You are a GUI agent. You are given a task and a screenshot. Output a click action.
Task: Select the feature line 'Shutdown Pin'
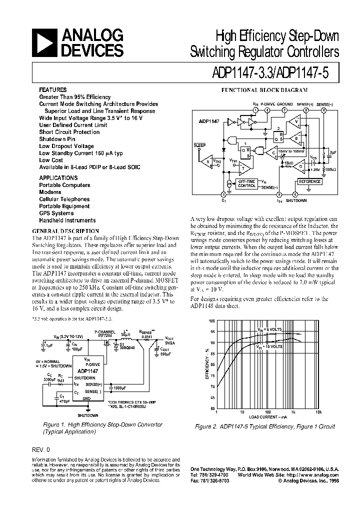click(x=57, y=139)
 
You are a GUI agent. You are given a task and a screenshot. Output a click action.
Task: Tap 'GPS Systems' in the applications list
click(x=56, y=213)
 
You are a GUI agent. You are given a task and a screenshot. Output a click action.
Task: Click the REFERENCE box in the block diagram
click(x=308, y=181)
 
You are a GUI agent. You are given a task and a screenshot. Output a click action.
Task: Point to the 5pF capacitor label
click(x=332, y=152)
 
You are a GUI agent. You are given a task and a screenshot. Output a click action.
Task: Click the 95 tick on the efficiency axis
click(x=212, y=331)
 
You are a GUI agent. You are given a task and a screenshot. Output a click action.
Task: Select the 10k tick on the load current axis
click(x=318, y=412)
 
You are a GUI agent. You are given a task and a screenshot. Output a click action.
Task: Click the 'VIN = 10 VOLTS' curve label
click(x=270, y=346)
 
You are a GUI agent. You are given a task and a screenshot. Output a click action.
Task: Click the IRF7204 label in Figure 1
click(x=105, y=335)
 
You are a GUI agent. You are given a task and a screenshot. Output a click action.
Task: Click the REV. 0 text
click(x=40, y=449)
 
